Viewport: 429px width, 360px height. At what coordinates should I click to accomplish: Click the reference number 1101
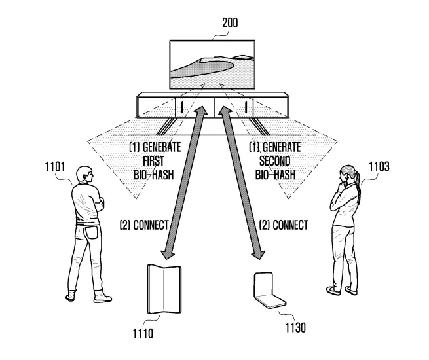tap(55, 166)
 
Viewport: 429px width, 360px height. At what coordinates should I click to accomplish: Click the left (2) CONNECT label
tap(143, 225)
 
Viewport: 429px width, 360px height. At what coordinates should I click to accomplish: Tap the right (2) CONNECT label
tap(284, 225)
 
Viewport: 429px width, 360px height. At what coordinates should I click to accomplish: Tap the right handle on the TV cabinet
tap(246, 106)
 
